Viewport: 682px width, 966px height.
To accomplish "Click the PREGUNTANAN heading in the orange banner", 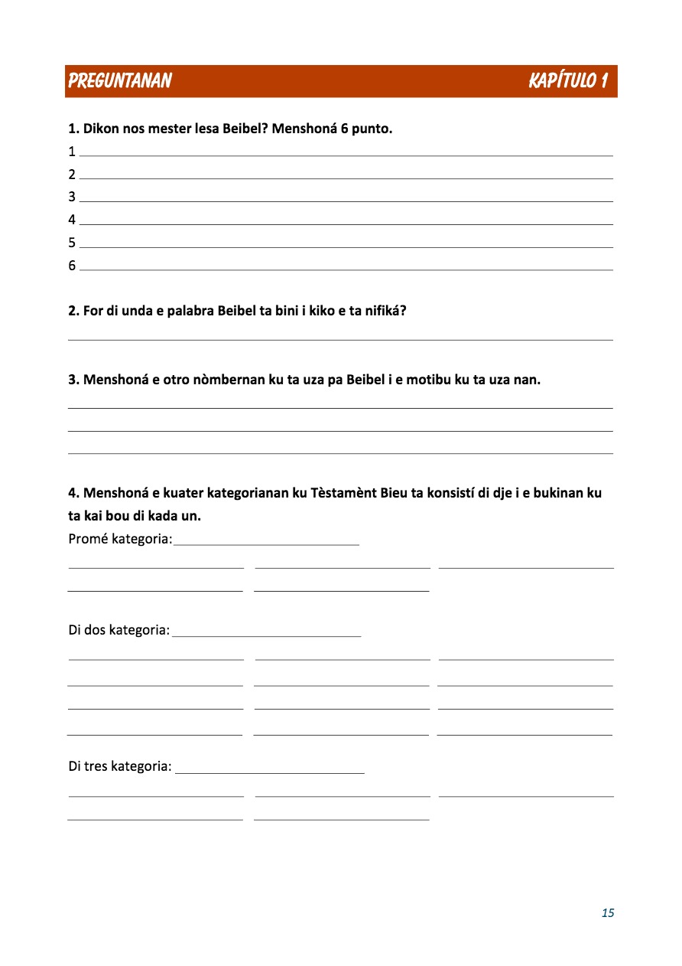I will tap(119, 81).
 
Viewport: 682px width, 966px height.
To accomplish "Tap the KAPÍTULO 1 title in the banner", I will tap(567, 81).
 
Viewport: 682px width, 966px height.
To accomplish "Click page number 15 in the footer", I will tap(608, 912).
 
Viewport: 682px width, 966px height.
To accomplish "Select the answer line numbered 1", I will tap(346, 155).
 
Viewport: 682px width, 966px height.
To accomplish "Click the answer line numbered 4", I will tap(346, 224).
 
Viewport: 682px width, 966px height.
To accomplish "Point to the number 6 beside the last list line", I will tap(72, 266).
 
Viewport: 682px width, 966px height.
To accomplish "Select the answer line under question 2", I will tap(340, 339).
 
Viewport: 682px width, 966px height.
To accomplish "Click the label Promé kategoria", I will tap(120, 539).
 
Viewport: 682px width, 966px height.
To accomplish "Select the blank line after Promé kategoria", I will tap(267, 544).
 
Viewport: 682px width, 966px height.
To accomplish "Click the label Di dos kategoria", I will tap(119, 630).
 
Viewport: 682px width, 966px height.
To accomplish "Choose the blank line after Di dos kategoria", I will tap(267, 635).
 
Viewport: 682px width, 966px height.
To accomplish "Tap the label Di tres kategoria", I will tap(120, 766).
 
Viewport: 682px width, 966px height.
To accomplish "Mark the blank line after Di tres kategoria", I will tap(269, 772).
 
